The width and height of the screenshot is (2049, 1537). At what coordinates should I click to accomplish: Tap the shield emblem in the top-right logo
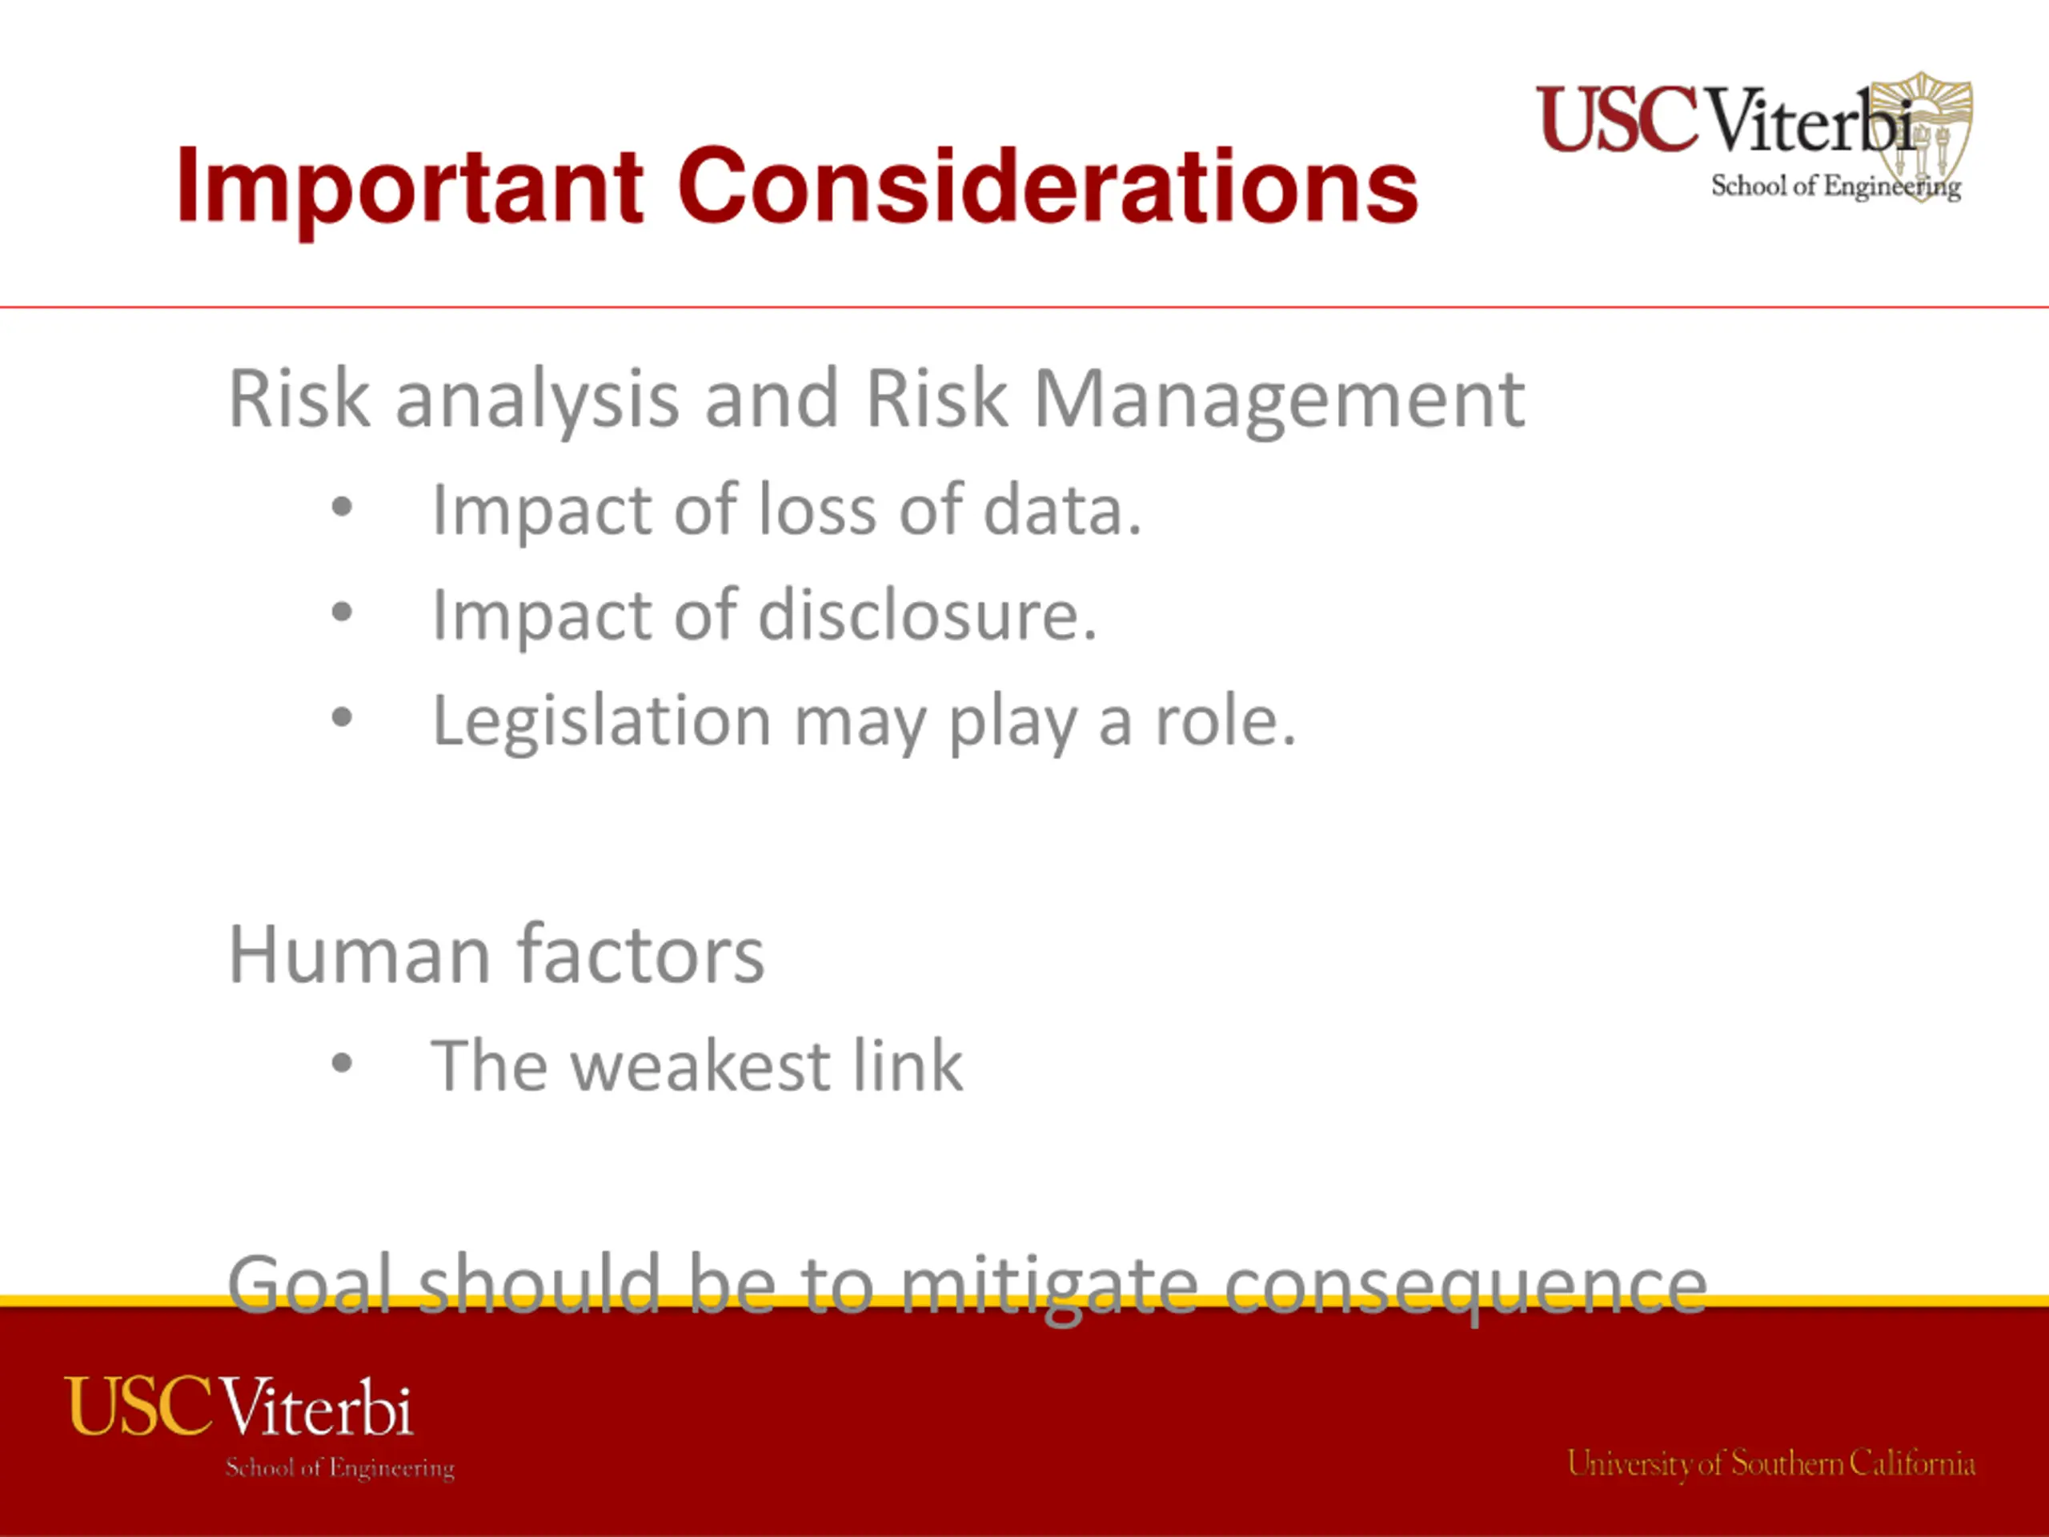pyautogui.click(x=1921, y=136)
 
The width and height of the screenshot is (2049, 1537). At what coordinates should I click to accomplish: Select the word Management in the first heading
pyautogui.click(x=1279, y=401)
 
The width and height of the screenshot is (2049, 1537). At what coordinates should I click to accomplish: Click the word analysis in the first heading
pyautogui.click(x=537, y=401)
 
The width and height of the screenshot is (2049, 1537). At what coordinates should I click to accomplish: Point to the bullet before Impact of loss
pyautogui.click(x=342, y=507)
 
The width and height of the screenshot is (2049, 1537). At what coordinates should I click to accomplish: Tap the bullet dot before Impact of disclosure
pyautogui.click(x=342, y=612)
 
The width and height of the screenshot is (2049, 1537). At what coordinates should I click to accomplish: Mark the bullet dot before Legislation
pyautogui.click(x=342, y=717)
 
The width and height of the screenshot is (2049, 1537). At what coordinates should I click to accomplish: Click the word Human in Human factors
pyautogui.click(x=359, y=954)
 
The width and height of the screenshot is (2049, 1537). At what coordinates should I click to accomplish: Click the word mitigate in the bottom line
pyautogui.click(x=1049, y=1288)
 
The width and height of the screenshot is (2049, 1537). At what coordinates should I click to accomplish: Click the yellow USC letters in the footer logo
pyautogui.click(x=139, y=1407)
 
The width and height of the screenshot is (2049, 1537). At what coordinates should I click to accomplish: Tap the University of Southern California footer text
pyautogui.click(x=1771, y=1464)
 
